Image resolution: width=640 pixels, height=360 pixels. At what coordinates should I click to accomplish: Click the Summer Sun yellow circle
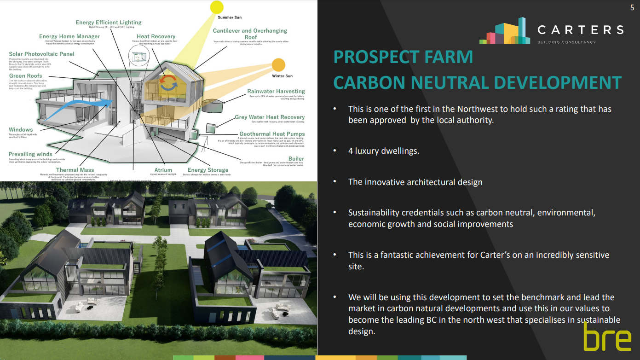click(x=216, y=7)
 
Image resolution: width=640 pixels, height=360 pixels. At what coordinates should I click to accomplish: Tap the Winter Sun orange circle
click(x=278, y=65)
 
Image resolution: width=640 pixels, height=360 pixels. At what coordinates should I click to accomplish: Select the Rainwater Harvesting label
click(x=276, y=91)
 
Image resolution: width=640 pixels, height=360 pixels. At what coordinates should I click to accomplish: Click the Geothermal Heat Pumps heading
click(x=272, y=134)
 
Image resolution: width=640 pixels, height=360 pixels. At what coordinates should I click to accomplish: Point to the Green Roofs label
click(x=25, y=75)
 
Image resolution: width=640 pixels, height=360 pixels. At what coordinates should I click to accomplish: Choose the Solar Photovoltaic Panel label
click(x=41, y=54)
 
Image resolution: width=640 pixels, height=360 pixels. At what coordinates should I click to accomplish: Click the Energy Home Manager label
click(x=69, y=36)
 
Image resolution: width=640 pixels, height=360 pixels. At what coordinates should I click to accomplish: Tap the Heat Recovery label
click(x=156, y=36)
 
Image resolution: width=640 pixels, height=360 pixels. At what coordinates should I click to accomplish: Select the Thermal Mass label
click(x=75, y=170)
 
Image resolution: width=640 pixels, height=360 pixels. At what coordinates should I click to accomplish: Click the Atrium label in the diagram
click(x=163, y=170)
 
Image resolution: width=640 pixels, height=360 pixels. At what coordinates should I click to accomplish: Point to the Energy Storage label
click(x=208, y=170)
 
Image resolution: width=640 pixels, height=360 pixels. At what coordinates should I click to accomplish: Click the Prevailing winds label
click(x=30, y=154)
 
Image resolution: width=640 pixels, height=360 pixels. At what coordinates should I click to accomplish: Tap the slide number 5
click(x=632, y=7)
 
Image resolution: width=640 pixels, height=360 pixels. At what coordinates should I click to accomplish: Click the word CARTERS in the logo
click(x=580, y=30)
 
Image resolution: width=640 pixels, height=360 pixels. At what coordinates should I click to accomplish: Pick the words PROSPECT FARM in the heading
click(x=403, y=57)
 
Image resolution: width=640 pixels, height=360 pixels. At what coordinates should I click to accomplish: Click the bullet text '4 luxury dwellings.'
click(x=384, y=151)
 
